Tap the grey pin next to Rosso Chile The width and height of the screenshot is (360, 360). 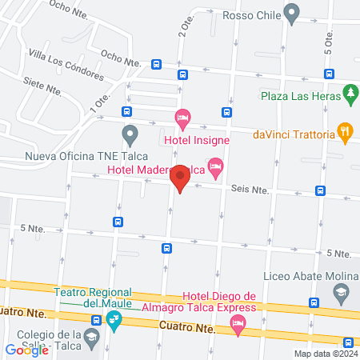coord(292,14)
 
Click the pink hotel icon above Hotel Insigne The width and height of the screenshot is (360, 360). coord(182,121)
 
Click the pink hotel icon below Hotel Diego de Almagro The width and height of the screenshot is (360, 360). coord(238,325)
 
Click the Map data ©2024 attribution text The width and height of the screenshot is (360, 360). coord(325,354)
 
